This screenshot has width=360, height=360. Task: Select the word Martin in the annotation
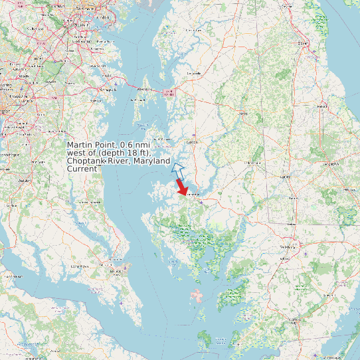(x=80, y=145)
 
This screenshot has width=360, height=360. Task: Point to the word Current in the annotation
(x=83, y=169)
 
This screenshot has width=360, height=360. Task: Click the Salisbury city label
(x=288, y=247)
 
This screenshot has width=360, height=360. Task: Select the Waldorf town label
(x=25, y=180)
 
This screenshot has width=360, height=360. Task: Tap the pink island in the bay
(x=197, y=294)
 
